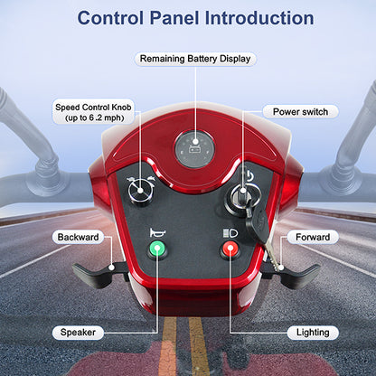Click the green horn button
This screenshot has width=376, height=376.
pyautogui.click(x=157, y=249)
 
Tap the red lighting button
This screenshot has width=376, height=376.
pyautogui.click(x=230, y=249)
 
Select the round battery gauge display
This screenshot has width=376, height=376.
pyautogui.click(x=194, y=150)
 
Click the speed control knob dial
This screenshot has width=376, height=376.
pyautogui.click(x=140, y=191)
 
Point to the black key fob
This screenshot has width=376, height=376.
pyautogui.click(x=257, y=223)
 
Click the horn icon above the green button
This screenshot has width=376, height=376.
pyautogui.click(x=157, y=232)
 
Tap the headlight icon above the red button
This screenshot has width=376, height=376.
pyautogui.click(x=230, y=233)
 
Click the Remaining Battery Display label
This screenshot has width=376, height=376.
pyautogui.click(x=195, y=59)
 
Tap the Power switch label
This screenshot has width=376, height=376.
pyautogui.click(x=300, y=112)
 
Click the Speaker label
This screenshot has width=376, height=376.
pyautogui.click(x=78, y=333)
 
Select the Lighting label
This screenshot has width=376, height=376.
pyautogui.click(x=313, y=333)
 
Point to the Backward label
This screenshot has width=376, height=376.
pyautogui.click(x=78, y=237)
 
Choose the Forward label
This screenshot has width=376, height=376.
pyautogui.click(x=313, y=237)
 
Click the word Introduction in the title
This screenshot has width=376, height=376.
pyautogui.click(x=259, y=18)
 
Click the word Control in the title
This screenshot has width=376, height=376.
pyautogui.click(x=110, y=18)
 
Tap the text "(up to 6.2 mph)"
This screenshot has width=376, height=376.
pyautogui.click(x=95, y=117)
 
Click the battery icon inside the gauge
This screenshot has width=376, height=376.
pyautogui.click(x=194, y=148)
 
